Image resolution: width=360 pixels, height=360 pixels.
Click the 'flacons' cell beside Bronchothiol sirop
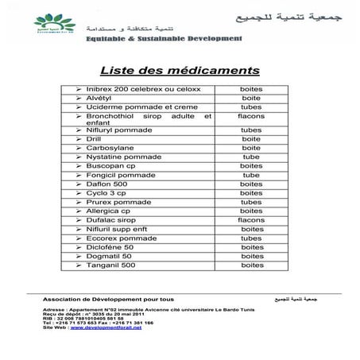click(251, 116)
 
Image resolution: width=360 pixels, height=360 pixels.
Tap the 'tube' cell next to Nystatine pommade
click(251, 157)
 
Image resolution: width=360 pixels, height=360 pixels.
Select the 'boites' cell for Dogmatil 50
click(251, 256)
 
